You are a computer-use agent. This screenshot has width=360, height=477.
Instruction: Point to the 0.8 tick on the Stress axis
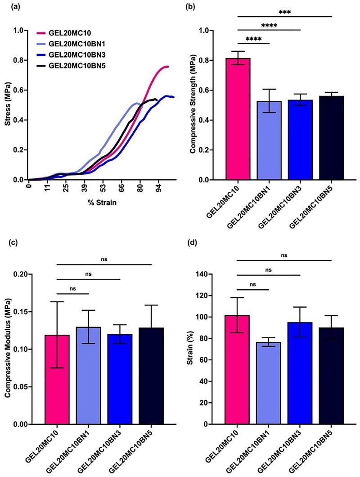[20, 60]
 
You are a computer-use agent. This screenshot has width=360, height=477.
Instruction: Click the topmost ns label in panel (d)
[284, 255]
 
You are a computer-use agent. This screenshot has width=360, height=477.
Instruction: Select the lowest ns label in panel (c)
[73, 288]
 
